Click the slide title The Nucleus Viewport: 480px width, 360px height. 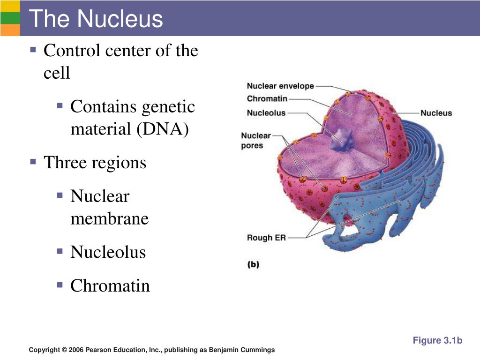pos(96,19)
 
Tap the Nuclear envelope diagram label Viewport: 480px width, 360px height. pos(280,86)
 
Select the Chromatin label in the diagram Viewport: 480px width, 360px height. pos(267,99)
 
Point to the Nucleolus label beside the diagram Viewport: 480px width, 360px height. pos(266,113)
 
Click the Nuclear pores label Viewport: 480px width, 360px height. pos(256,141)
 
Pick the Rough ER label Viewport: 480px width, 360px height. pos(266,238)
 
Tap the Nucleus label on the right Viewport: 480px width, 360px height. pos(436,113)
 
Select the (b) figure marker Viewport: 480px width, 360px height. pos(253,264)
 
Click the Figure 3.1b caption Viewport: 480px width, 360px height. pos(437,340)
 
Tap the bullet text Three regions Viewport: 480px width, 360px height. pos(95,163)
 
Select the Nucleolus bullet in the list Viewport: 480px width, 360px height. pos(108,252)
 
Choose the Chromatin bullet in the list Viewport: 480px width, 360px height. pos(110,285)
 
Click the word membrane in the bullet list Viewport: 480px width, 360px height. pos(109,218)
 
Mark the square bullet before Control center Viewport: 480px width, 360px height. pos(33,49)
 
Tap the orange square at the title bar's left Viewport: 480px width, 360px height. pos(10,30)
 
